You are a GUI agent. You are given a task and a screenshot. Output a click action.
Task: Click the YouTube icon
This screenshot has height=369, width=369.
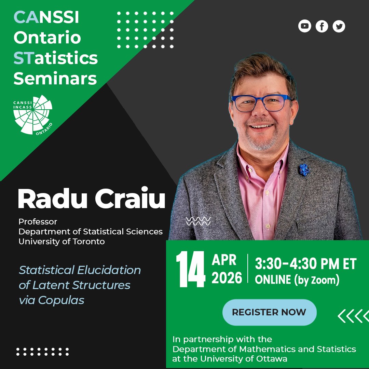305,26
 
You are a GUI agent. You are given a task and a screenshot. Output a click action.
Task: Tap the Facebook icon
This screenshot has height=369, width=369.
322,26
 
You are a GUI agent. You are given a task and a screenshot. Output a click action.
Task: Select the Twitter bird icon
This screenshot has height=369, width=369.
339,26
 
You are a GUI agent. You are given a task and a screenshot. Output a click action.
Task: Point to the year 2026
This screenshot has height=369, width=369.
227,278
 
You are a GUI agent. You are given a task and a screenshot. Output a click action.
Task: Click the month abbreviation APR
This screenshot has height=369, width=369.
224,260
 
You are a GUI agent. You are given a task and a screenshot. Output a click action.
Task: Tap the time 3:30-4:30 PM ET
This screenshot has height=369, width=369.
306,264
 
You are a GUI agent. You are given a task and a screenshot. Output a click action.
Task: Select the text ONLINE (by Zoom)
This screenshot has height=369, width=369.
297,280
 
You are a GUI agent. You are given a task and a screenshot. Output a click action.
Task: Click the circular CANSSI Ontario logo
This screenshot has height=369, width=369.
33,114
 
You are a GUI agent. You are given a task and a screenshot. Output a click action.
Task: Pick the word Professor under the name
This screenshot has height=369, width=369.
38,222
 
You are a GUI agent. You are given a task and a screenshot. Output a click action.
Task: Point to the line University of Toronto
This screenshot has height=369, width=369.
61,241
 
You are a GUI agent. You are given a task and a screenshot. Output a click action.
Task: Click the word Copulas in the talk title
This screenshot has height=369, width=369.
61,300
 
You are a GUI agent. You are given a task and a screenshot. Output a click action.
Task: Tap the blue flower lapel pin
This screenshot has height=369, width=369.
304,169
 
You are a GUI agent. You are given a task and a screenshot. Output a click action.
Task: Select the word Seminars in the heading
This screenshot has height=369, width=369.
55,79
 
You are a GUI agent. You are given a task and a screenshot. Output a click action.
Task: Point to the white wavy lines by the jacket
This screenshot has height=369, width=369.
198,221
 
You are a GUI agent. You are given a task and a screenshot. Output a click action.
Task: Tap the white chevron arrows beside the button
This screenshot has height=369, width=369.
353,316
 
